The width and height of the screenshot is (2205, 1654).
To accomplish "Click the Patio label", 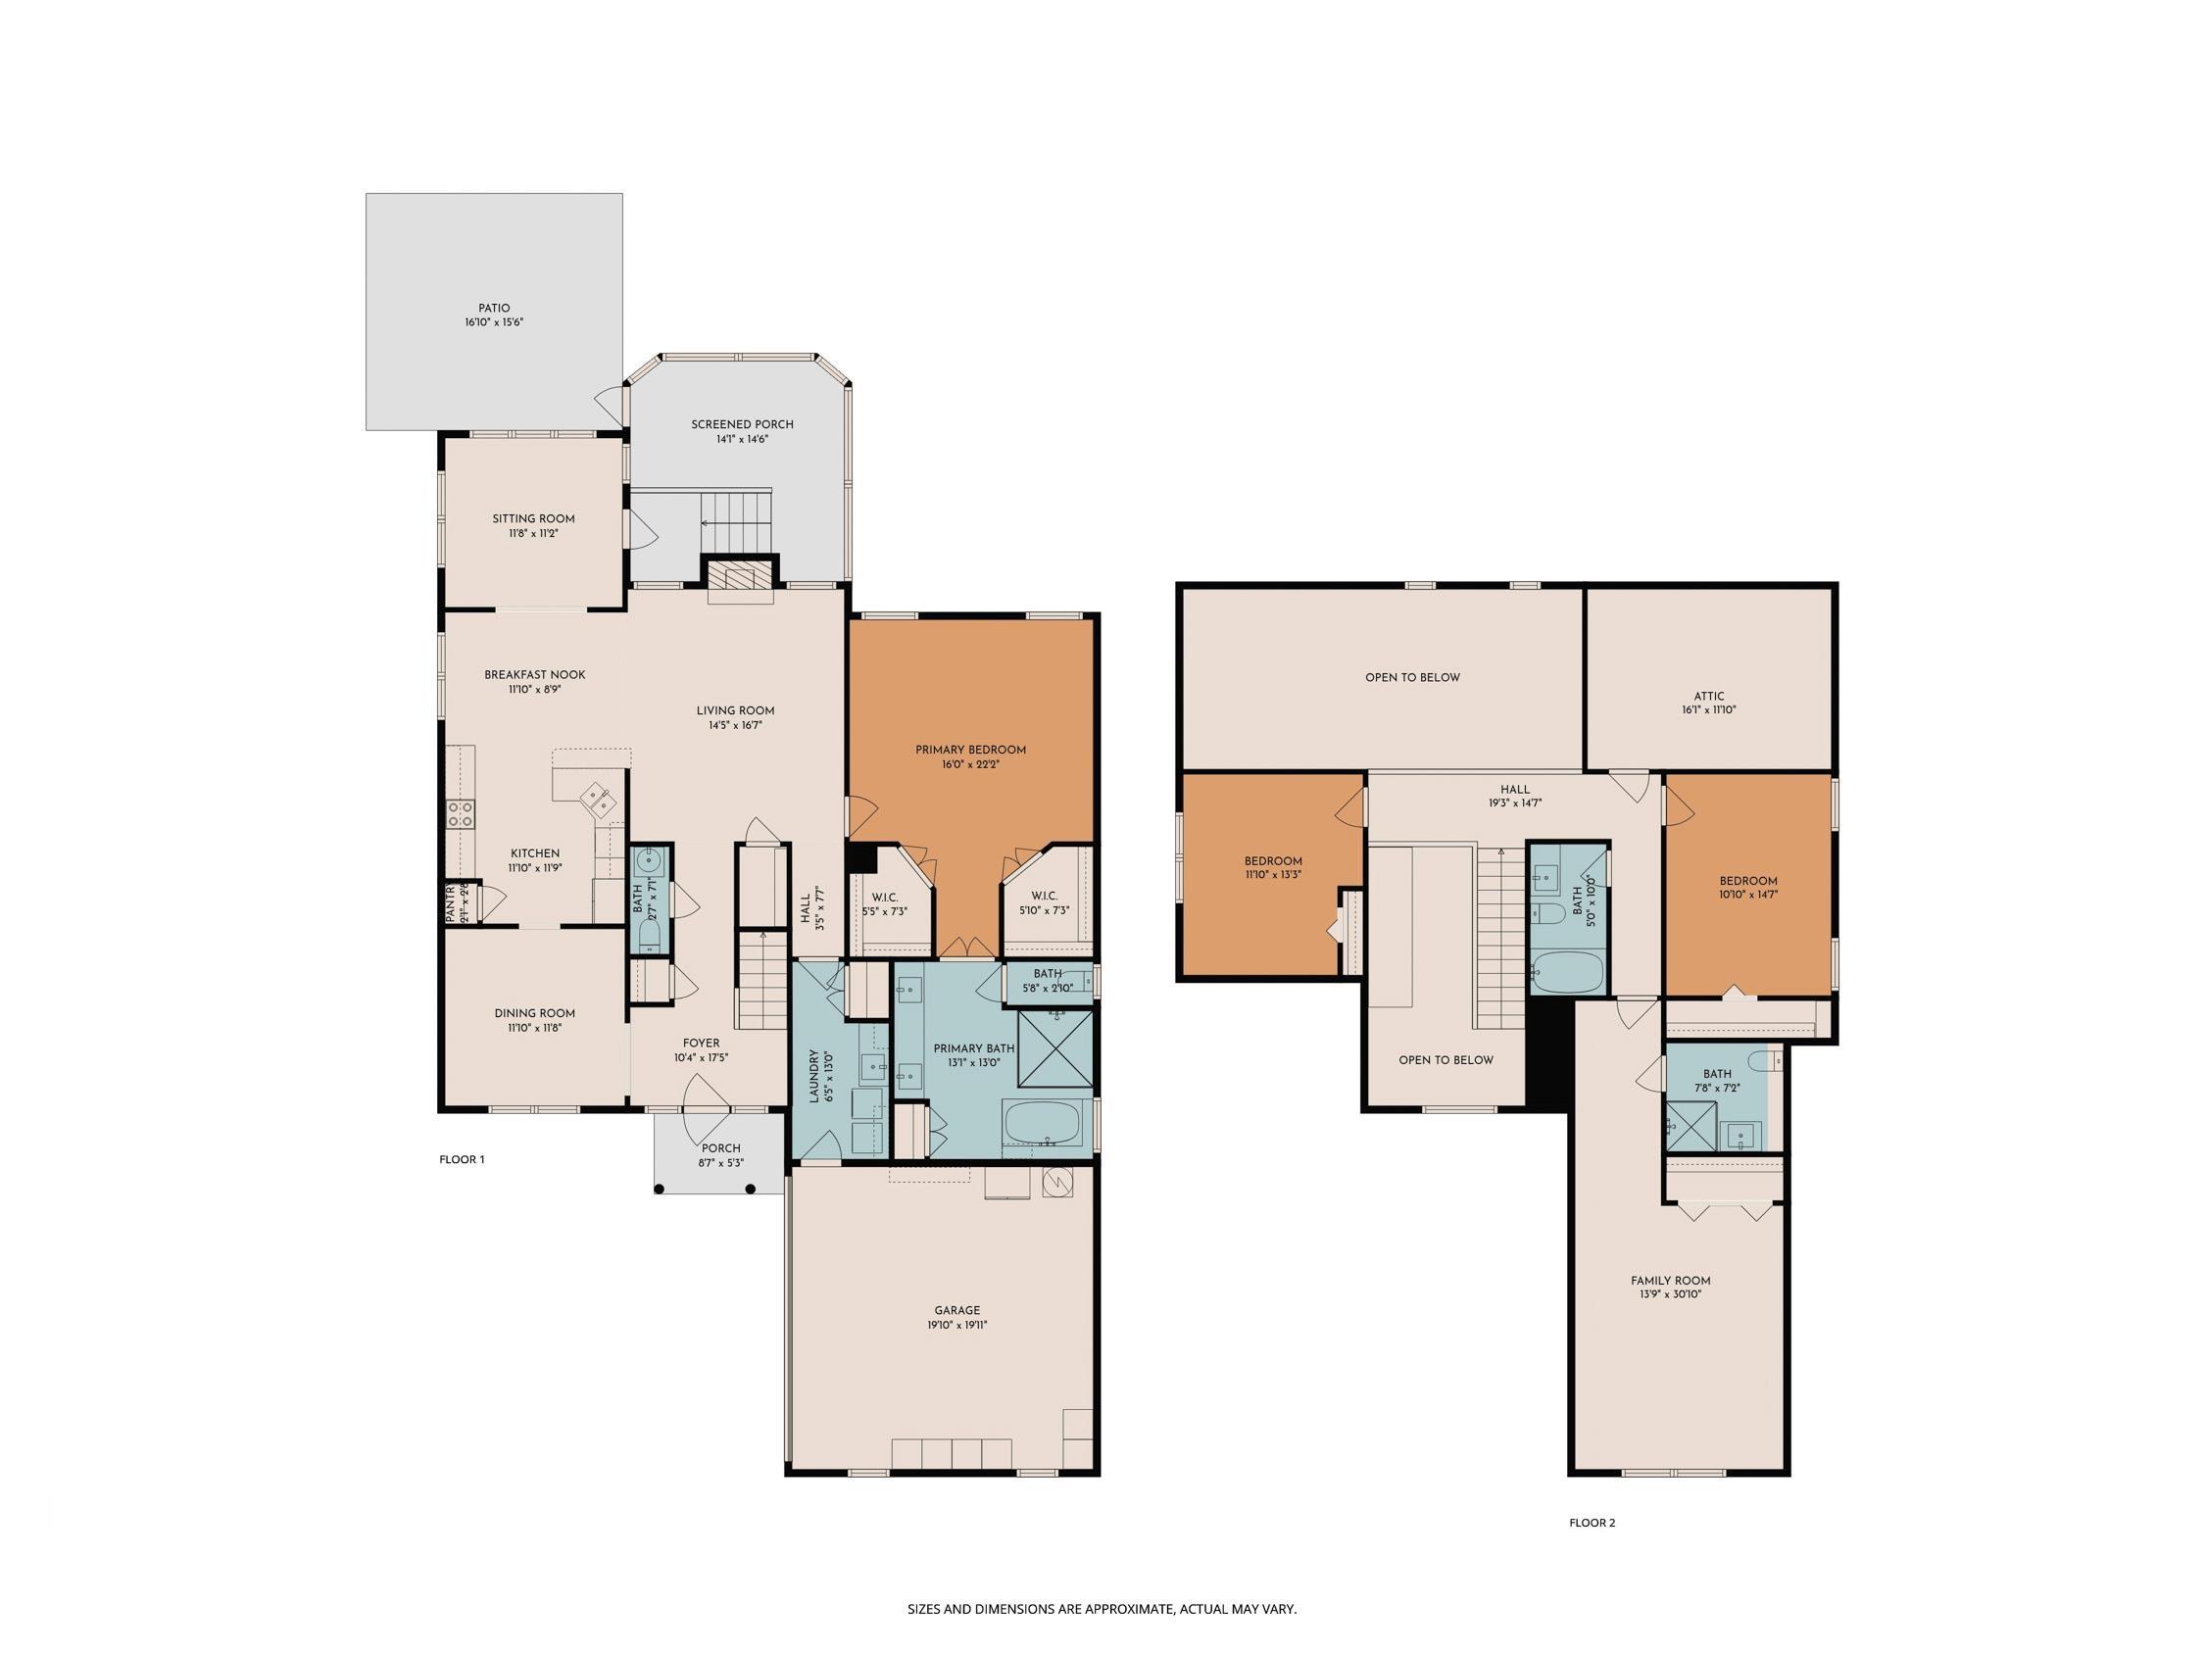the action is [x=495, y=308].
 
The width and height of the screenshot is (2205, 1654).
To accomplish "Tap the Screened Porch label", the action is [x=743, y=424].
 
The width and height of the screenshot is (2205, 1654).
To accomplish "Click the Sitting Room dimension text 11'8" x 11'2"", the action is [x=533, y=533].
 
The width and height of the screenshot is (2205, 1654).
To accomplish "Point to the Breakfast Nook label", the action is [x=535, y=675].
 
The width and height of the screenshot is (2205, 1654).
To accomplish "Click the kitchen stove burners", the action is [x=462, y=812].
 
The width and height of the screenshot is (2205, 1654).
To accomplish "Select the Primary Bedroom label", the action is [x=971, y=750].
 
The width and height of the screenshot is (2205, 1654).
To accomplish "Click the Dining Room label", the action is [x=535, y=1014].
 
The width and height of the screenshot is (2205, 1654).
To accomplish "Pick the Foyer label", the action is [x=703, y=1044].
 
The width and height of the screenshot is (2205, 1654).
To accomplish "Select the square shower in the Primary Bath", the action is [x=1054, y=1048].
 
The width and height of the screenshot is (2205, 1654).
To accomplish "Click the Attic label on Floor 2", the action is [x=1708, y=697].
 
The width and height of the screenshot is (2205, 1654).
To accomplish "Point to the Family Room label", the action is [x=1671, y=1281].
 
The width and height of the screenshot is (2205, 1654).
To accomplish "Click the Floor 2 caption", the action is [x=1592, y=1523].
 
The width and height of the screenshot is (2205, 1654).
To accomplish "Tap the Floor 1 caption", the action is [x=462, y=1159].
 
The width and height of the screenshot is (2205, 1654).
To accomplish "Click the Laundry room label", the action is [x=813, y=1076].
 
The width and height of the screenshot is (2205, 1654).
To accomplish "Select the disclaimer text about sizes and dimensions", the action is [x=1102, y=1581].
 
